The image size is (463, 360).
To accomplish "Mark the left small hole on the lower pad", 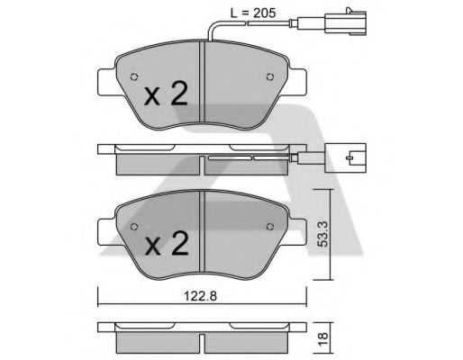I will point(133,224).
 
